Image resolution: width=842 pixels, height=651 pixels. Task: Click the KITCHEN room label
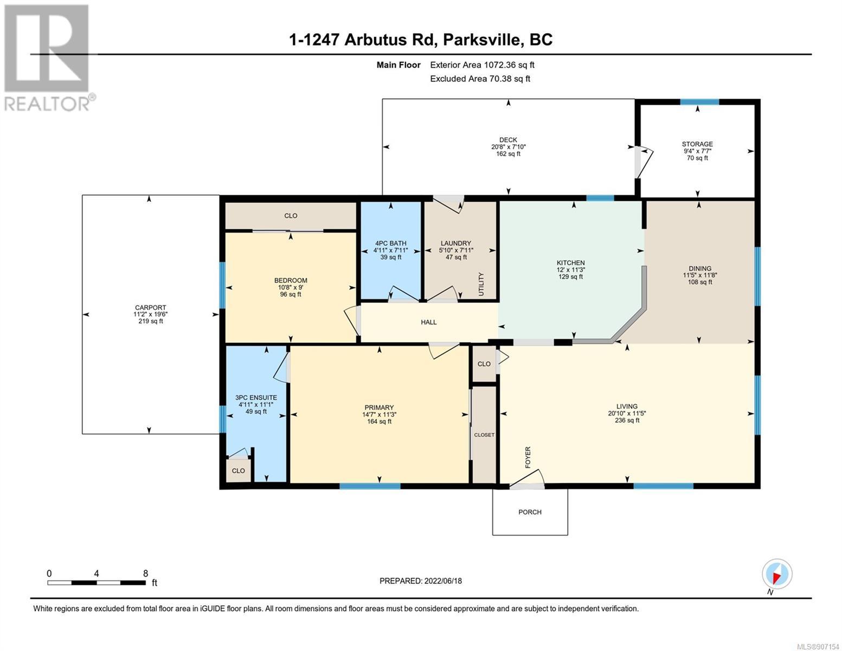[x=570, y=263]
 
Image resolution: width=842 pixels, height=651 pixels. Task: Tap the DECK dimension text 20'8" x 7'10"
[x=508, y=147]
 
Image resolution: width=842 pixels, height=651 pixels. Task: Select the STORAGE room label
[x=697, y=144]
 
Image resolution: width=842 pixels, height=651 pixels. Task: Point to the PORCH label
[x=530, y=512]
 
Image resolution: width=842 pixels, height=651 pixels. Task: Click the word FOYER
[x=528, y=457]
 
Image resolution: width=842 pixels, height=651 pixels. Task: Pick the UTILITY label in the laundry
[x=481, y=284]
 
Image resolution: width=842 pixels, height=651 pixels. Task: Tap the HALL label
[x=428, y=322]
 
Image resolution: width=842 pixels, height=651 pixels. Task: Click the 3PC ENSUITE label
[x=256, y=398]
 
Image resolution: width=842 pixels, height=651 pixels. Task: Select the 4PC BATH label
[x=390, y=244]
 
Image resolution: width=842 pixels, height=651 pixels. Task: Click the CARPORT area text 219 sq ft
[x=150, y=321]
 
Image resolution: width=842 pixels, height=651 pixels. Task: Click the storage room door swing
[x=645, y=162]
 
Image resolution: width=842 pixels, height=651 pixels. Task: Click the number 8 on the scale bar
[x=145, y=573]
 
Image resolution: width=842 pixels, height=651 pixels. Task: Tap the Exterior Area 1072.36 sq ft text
[x=482, y=65]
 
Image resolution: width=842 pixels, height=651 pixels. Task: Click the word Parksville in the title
[x=480, y=40]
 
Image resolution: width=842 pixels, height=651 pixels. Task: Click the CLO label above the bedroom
[x=291, y=215]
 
